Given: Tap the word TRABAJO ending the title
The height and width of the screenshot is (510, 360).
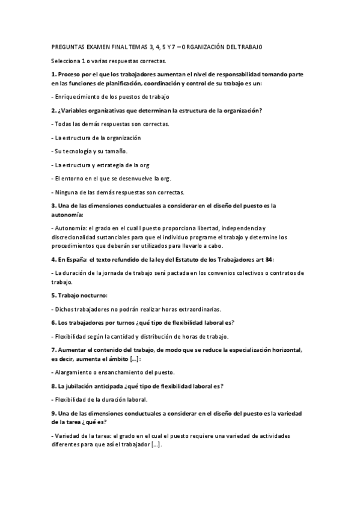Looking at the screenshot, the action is click(x=249, y=46).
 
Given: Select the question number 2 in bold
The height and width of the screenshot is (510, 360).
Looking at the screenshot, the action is click(x=53, y=111).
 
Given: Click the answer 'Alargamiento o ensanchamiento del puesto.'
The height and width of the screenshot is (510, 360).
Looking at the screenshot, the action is click(x=112, y=372).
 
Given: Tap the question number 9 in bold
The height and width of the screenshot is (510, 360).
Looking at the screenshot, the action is click(x=53, y=413).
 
